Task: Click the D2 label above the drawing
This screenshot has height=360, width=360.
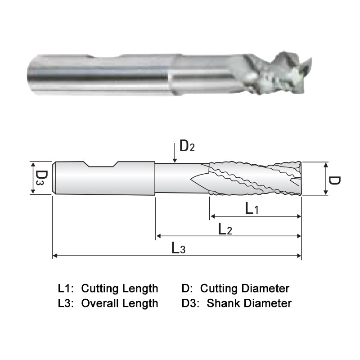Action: coord(187,146)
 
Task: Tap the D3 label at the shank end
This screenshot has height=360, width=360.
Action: coord(41,178)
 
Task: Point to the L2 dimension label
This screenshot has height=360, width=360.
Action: coord(225,229)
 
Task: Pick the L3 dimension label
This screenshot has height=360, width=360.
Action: coord(178,249)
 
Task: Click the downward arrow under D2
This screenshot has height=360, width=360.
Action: coord(174,153)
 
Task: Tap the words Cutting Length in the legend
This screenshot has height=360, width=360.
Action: coord(120,288)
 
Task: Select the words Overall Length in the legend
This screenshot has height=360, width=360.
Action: coord(120,303)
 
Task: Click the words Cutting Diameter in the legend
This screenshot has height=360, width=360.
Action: coord(244,288)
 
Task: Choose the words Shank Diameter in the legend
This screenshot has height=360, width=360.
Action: coord(249,303)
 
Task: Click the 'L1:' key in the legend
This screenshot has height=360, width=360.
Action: coord(66,288)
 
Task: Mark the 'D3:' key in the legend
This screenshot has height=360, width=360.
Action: coord(191,303)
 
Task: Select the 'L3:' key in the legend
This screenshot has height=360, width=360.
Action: coord(66,303)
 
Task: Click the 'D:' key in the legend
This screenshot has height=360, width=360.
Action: coord(188,288)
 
